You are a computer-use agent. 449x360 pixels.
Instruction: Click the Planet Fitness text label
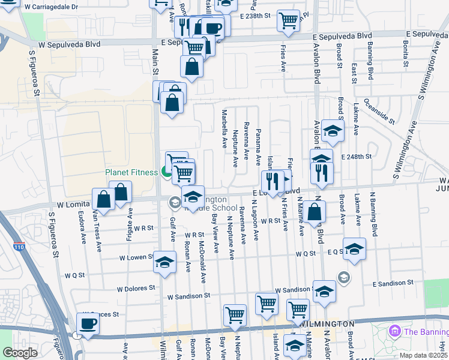pos(131,172)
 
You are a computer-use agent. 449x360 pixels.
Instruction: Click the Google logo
pos(19,353)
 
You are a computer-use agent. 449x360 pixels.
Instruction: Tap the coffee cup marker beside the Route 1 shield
pos(88,323)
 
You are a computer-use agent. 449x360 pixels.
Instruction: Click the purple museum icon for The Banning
pos(394,331)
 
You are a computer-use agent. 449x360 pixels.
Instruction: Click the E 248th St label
pos(357,156)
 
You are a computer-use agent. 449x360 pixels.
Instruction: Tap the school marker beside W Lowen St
pos(164,262)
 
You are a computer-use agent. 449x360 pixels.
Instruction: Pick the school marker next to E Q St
pos(354,248)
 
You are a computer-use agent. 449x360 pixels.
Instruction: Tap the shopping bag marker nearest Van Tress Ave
pos(103,199)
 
